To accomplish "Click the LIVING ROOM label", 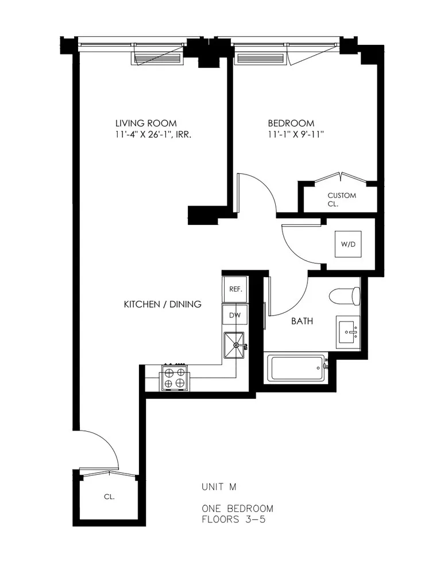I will click(146, 123).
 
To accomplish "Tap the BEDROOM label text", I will click(291, 123).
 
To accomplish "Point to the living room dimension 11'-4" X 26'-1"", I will click(153, 135).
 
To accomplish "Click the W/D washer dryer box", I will click(348, 244).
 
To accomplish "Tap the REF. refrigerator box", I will click(235, 289).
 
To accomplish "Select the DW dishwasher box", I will click(235, 315).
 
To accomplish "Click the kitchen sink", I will click(234, 346).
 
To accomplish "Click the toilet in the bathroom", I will click(345, 296).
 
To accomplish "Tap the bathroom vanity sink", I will click(348, 331).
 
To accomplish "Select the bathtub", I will click(296, 368).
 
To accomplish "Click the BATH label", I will click(302, 321).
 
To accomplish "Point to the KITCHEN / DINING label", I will click(163, 304).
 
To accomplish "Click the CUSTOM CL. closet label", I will click(341, 199).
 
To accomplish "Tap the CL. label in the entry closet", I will click(109, 497).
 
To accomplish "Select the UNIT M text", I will click(219, 487).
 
